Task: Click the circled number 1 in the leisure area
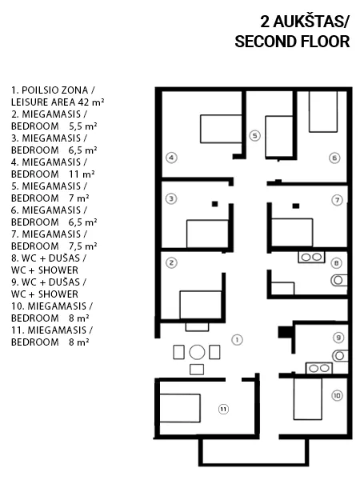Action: click(237, 339)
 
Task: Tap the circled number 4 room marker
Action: click(171, 158)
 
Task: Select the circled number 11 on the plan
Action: click(223, 410)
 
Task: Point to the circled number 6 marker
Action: click(334, 158)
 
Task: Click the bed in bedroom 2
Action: click(201, 305)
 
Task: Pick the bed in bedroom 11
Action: click(180, 408)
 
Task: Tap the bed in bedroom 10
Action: click(308, 399)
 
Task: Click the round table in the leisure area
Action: click(197, 352)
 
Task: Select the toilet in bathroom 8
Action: click(339, 280)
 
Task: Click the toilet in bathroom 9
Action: click(340, 356)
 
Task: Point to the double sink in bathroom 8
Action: click(312, 257)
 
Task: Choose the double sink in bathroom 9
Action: click(319, 368)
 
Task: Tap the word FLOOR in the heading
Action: click(326, 42)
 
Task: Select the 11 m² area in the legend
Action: click(82, 174)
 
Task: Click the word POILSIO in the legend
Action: click(40, 90)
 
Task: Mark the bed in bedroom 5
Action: click(278, 137)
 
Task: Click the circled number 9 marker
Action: click(338, 338)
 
